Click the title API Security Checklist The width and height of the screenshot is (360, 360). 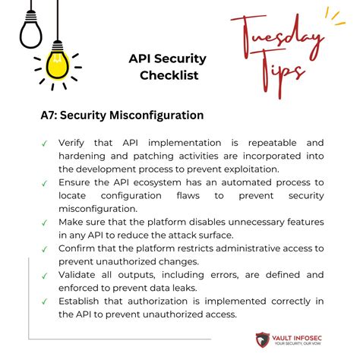point(167,67)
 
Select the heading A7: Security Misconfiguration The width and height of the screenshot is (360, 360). point(122,115)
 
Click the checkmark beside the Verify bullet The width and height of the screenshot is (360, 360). point(45,142)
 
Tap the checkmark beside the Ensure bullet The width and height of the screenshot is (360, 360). point(45,183)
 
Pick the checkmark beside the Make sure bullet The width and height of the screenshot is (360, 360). point(45,223)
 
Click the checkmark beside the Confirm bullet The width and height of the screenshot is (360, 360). point(45,250)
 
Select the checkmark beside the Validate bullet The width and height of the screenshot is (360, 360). point(45,277)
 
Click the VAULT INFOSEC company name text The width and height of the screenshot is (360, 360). point(310,336)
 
